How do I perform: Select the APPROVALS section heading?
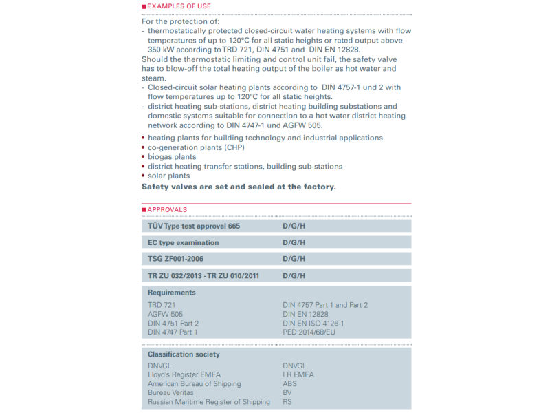pos(167,209)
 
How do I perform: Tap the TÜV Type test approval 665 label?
pos(194,226)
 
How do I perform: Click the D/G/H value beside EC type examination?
pos(294,242)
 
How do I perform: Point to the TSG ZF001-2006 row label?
pos(176,259)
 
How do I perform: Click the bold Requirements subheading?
pos(172,293)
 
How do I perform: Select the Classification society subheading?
pos(184,354)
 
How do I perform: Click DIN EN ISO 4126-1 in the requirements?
pos(313,323)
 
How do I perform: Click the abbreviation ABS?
pos(289,383)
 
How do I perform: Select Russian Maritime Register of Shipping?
pos(209,402)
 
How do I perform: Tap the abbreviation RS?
pos(287,402)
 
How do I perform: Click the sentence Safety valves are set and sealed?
pos(239,187)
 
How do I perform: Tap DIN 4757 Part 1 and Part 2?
pos(325,305)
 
